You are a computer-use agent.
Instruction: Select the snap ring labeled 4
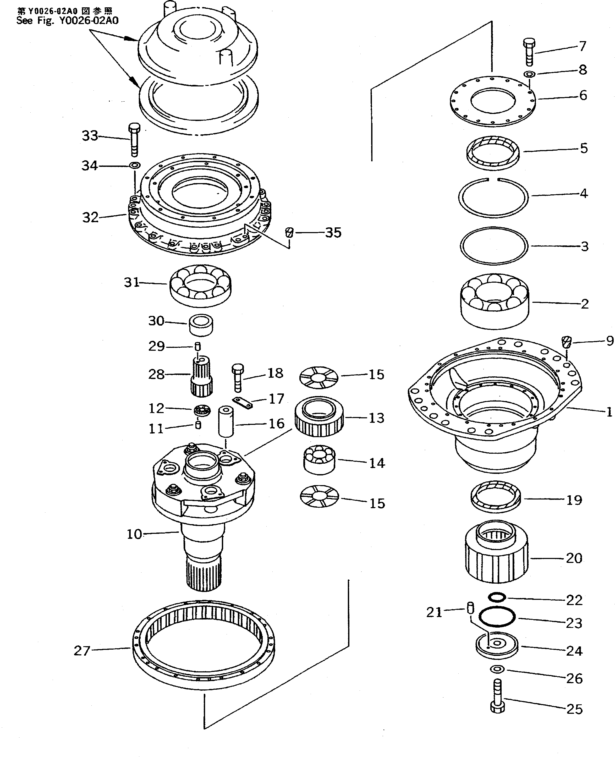click(493, 197)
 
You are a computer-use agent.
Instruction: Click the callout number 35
click(333, 233)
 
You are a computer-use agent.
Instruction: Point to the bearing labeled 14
click(319, 459)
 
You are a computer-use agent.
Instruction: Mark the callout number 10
click(134, 534)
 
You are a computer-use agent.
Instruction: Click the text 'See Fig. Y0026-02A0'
click(67, 20)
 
